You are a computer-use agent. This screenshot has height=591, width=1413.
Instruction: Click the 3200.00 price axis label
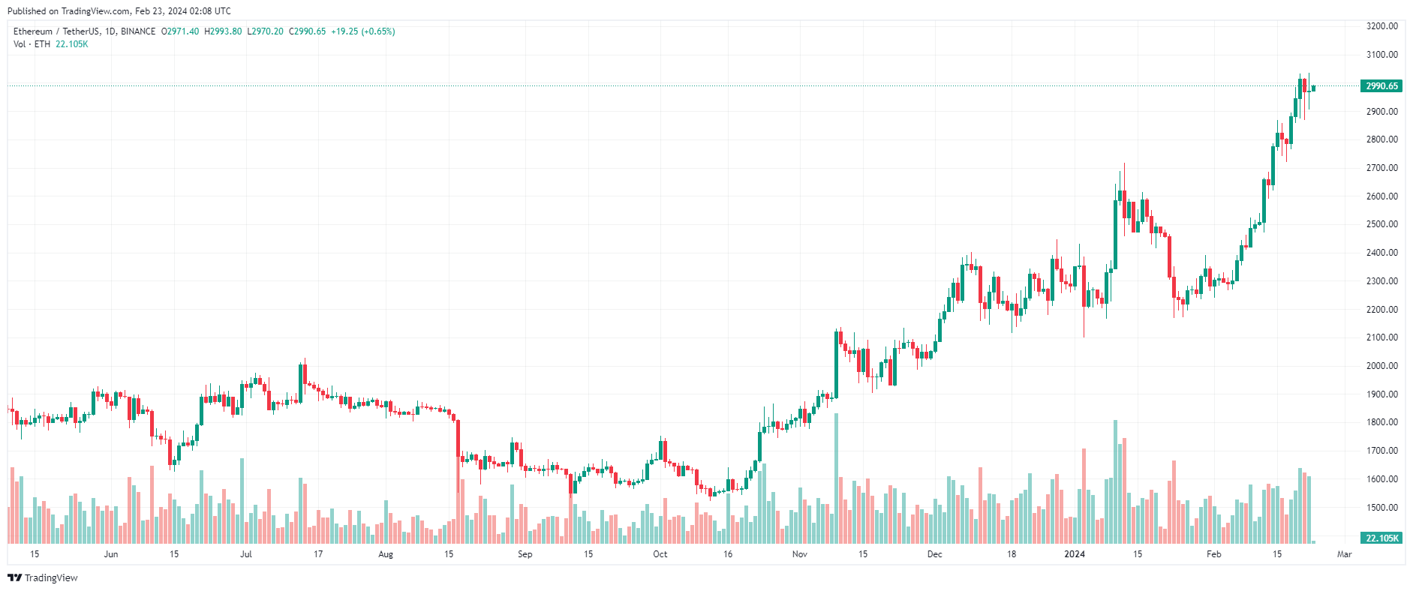click(1381, 26)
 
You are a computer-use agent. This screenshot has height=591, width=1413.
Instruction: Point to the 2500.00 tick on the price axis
click(1381, 224)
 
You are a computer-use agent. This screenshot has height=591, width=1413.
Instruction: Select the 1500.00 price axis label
click(1381, 508)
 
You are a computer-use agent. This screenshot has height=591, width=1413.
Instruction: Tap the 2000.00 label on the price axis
click(1381, 366)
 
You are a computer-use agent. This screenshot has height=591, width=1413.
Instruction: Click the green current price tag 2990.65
click(1381, 86)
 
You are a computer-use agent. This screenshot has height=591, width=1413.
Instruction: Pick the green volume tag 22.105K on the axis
click(1381, 538)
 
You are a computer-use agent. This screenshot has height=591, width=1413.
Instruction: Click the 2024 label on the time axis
click(1075, 554)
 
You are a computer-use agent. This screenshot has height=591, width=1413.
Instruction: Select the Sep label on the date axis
click(525, 554)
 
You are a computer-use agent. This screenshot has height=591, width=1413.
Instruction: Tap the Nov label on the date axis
click(799, 554)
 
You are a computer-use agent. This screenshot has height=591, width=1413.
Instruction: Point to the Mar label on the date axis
click(1344, 554)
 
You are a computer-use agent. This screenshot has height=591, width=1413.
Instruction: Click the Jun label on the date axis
click(110, 554)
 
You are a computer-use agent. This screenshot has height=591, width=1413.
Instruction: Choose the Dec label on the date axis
click(934, 554)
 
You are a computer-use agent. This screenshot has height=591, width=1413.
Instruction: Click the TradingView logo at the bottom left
click(43, 577)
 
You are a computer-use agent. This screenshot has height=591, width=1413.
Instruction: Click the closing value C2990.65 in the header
click(308, 31)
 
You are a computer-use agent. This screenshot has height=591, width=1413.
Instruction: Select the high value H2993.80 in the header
click(223, 31)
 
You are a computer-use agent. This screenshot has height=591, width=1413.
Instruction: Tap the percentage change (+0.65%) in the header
click(378, 31)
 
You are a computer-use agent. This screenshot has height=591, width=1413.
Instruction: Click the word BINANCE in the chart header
click(138, 31)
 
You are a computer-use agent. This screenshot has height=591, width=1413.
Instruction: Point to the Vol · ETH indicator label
click(32, 44)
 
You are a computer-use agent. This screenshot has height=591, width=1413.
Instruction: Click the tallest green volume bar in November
click(836, 480)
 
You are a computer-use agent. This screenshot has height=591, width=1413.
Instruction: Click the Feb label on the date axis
click(1213, 554)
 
